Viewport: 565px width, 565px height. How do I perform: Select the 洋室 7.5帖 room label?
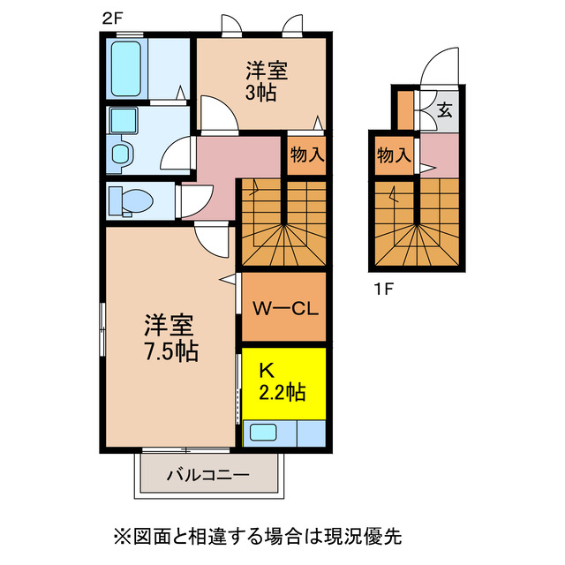[x=170, y=338]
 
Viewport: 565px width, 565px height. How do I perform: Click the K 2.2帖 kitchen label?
[x=282, y=381]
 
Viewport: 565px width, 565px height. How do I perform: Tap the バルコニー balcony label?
[x=208, y=475]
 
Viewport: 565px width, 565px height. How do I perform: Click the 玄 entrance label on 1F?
[x=446, y=110]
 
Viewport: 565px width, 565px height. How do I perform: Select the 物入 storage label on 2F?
[x=306, y=155]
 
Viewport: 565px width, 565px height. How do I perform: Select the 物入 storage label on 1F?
[x=394, y=155]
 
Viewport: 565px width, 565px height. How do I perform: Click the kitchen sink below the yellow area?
[x=266, y=433]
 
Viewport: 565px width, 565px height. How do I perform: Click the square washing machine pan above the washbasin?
[x=122, y=121]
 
